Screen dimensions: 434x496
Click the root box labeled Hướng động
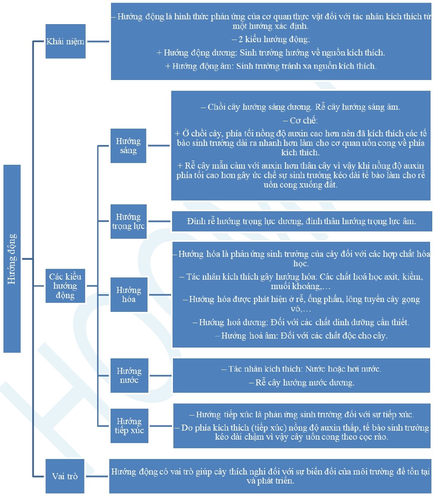pyautogui.click(x=12, y=259)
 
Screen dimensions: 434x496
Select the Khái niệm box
pyautogui.click(x=65, y=41)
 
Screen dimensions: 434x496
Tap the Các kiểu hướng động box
pyautogui.click(x=65, y=286)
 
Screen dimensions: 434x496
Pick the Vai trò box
pyautogui.click(x=65, y=476)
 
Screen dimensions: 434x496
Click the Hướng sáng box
pyautogui.click(x=129, y=145)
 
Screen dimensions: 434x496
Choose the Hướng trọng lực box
pyautogui.click(x=129, y=221)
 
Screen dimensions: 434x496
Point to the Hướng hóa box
pyautogui.click(x=129, y=295)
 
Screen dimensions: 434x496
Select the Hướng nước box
pyautogui.click(x=129, y=376)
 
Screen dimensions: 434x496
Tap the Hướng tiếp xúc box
pyautogui.click(x=129, y=426)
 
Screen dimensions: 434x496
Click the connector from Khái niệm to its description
pyautogui.click(x=98, y=41)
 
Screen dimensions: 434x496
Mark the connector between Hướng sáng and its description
pyautogui.click(x=159, y=145)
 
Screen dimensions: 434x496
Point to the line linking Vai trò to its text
pyautogui.click(x=97, y=476)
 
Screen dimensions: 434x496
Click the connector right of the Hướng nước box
pyautogui.click(x=160, y=376)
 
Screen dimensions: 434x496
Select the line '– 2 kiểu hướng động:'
pyautogui.click(x=271, y=39)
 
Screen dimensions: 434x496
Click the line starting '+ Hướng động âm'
pyautogui.click(x=271, y=66)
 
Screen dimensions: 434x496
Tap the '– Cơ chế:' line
pyautogui.click(x=300, y=120)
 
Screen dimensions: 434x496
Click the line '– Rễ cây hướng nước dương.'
pyautogui.click(x=302, y=382)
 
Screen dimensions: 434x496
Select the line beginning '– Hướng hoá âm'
pyautogui.click(x=301, y=336)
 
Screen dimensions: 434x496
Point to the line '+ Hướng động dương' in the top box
pyautogui.click(x=271, y=52)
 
